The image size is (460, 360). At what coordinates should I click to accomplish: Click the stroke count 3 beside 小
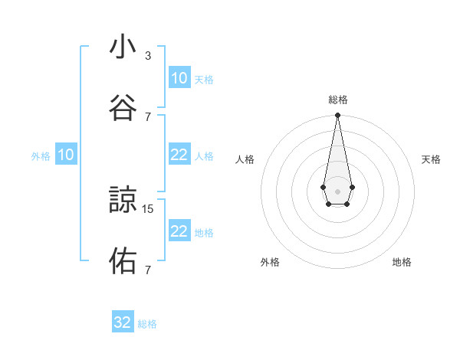pyautogui.click(x=148, y=56)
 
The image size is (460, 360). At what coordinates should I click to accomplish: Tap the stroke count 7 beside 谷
pyautogui.click(x=148, y=116)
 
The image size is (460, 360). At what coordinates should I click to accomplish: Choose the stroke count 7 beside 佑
pyautogui.click(x=148, y=270)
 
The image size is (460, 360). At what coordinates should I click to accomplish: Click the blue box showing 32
pyautogui.click(x=123, y=322)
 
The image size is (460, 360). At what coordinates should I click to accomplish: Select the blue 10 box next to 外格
pyautogui.click(x=66, y=155)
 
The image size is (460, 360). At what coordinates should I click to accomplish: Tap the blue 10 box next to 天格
pyautogui.click(x=179, y=78)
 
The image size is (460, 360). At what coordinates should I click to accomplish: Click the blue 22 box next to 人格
pyautogui.click(x=179, y=155)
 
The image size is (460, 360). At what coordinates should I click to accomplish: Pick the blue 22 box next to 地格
pyautogui.click(x=179, y=231)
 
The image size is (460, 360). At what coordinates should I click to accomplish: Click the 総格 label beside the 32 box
pyautogui.click(x=147, y=324)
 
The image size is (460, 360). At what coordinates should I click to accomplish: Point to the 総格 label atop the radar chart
pyautogui.click(x=338, y=100)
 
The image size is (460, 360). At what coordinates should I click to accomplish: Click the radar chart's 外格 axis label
pyautogui.click(x=270, y=262)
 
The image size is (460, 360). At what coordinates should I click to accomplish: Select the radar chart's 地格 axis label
pyautogui.click(x=402, y=262)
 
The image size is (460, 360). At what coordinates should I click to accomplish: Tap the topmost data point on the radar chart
pyautogui.click(x=337, y=116)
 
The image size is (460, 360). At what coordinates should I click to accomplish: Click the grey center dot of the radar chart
pyautogui.click(x=337, y=190)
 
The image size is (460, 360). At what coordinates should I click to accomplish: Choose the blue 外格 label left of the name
pyautogui.click(x=41, y=156)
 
